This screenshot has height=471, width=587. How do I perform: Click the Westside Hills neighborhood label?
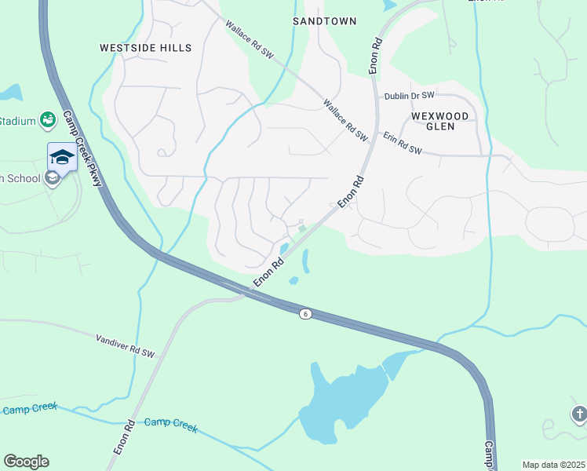click(145, 48)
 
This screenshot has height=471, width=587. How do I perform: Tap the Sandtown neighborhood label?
click(324, 21)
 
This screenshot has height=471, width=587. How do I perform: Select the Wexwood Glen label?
click(439, 123)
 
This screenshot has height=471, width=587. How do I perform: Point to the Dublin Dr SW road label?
click(409, 96)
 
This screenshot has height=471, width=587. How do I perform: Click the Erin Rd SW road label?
click(403, 142)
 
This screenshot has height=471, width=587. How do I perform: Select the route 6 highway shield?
click(305, 314)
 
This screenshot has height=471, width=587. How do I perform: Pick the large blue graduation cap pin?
click(62, 157)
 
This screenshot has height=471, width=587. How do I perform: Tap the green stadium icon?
click(47, 119)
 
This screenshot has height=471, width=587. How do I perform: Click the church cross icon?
click(579, 414)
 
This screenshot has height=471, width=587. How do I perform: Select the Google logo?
click(26, 462)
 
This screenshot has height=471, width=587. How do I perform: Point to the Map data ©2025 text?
click(552, 465)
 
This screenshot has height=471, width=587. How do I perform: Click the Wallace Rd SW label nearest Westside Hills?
click(250, 39)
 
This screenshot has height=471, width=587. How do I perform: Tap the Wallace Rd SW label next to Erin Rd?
click(345, 119)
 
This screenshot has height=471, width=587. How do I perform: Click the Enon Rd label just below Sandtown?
click(376, 55)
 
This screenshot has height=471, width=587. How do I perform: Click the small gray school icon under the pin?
click(53, 178)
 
